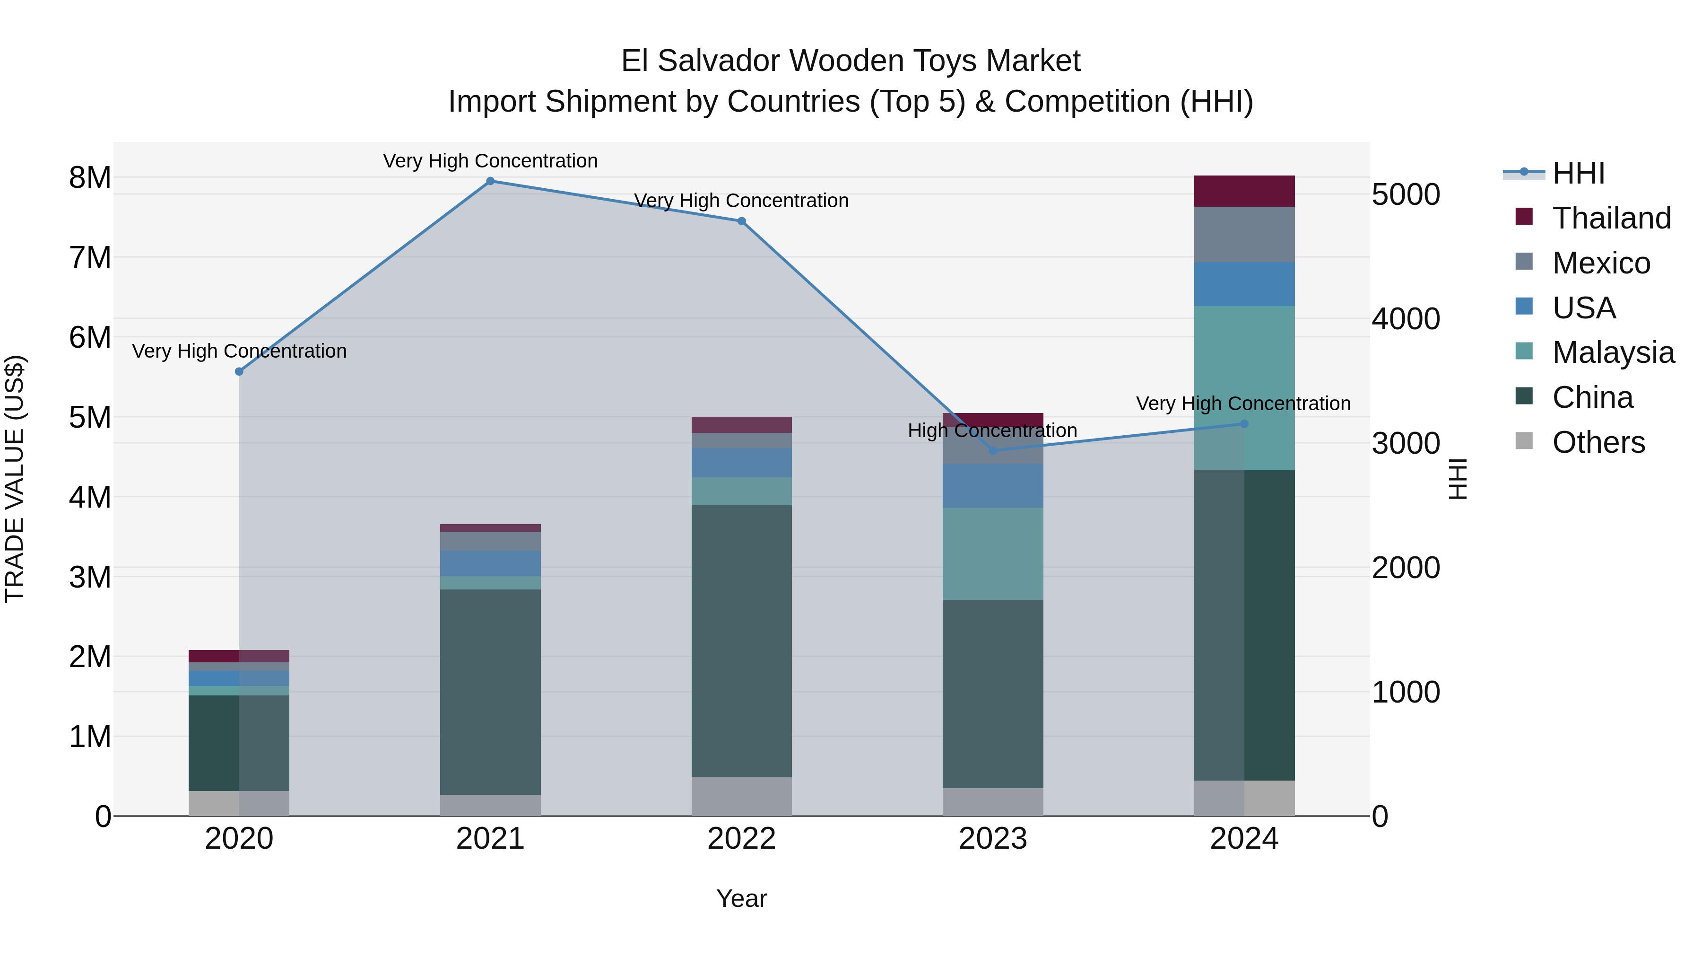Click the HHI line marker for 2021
click(490, 181)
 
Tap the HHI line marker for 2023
click(992, 451)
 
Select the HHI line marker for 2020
click(239, 371)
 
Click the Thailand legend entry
click(1611, 218)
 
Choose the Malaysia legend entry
click(1612, 352)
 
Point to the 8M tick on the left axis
click(90, 177)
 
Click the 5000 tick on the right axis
click(1406, 194)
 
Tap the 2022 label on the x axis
click(741, 839)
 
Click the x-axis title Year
click(741, 898)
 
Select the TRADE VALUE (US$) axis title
click(15, 479)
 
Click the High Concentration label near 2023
click(992, 431)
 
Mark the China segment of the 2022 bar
click(741, 642)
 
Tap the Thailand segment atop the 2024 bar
click(1244, 191)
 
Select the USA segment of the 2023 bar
click(992, 486)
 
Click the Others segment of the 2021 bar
click(490, 805)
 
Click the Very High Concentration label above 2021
click(490, 161)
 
